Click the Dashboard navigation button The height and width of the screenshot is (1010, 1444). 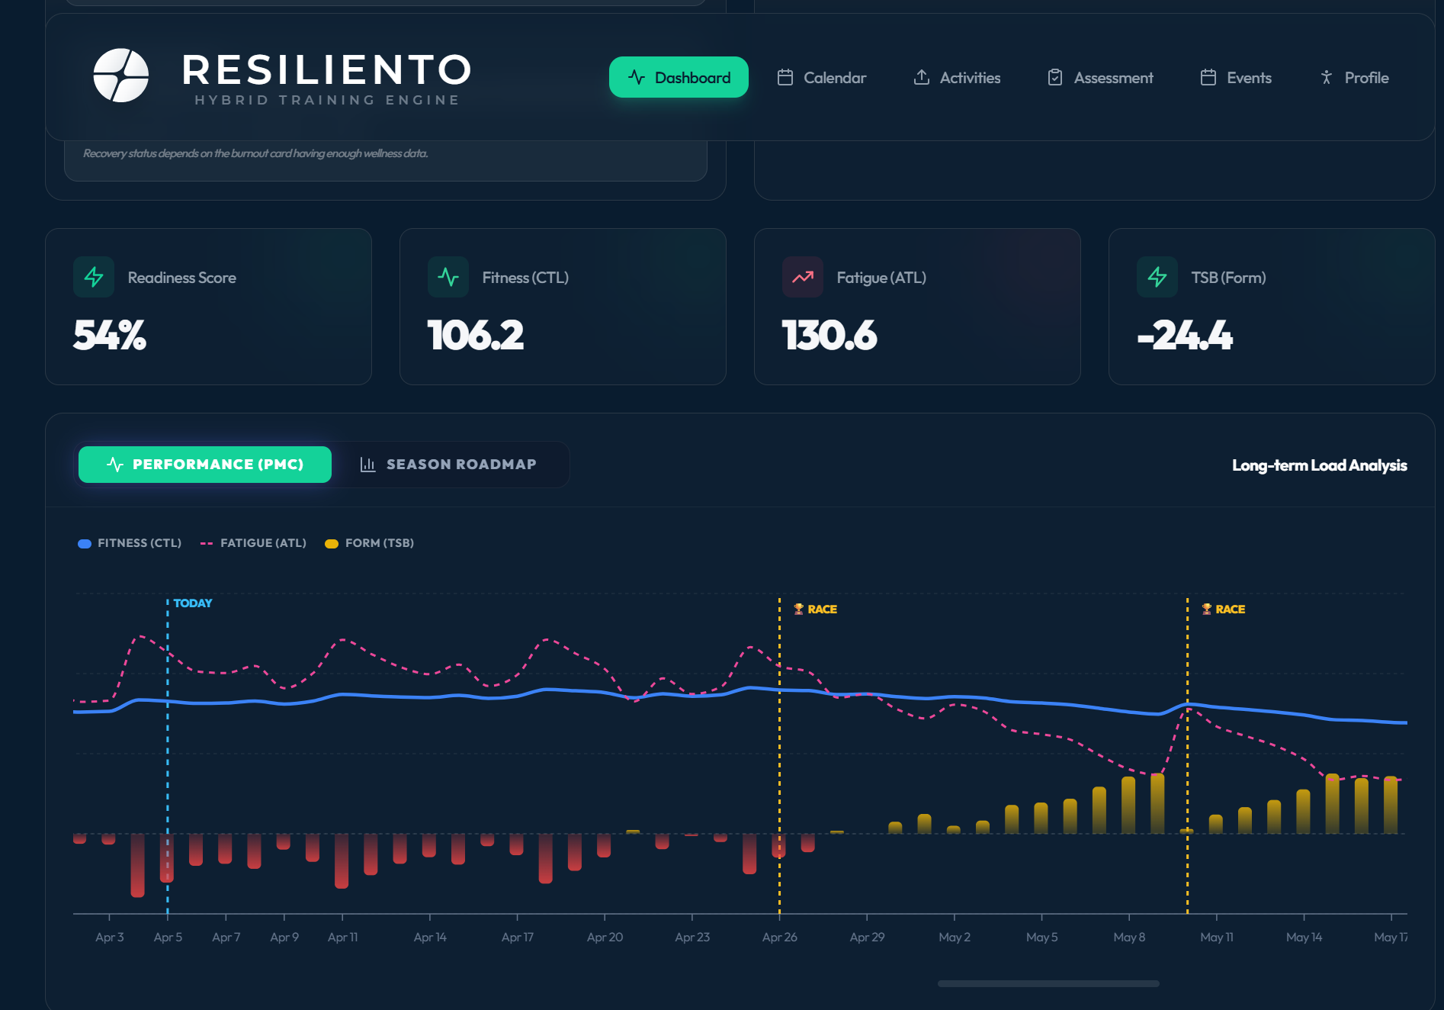click(678, 78)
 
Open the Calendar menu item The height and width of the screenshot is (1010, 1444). click(821, 78)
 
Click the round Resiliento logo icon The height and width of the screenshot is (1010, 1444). click(120, 76)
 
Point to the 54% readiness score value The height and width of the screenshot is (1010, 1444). click(110, 336)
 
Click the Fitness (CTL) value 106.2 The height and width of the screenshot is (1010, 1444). click(476, 336)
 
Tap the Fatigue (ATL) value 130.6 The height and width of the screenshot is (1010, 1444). click(829, 336)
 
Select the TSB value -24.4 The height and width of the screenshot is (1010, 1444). click(1184, 336)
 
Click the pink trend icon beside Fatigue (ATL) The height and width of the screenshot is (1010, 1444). click(802, 277)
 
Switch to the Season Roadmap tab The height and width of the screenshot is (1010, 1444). click(449, 465)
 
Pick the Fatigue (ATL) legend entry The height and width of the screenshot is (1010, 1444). click(253, 543)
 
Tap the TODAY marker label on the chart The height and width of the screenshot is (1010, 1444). click(192, 603)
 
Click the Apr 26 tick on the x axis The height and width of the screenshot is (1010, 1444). click(779, 937)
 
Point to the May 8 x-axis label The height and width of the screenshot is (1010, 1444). click(1129, 937)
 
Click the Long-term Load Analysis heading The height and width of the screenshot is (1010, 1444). click(1319, 465)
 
